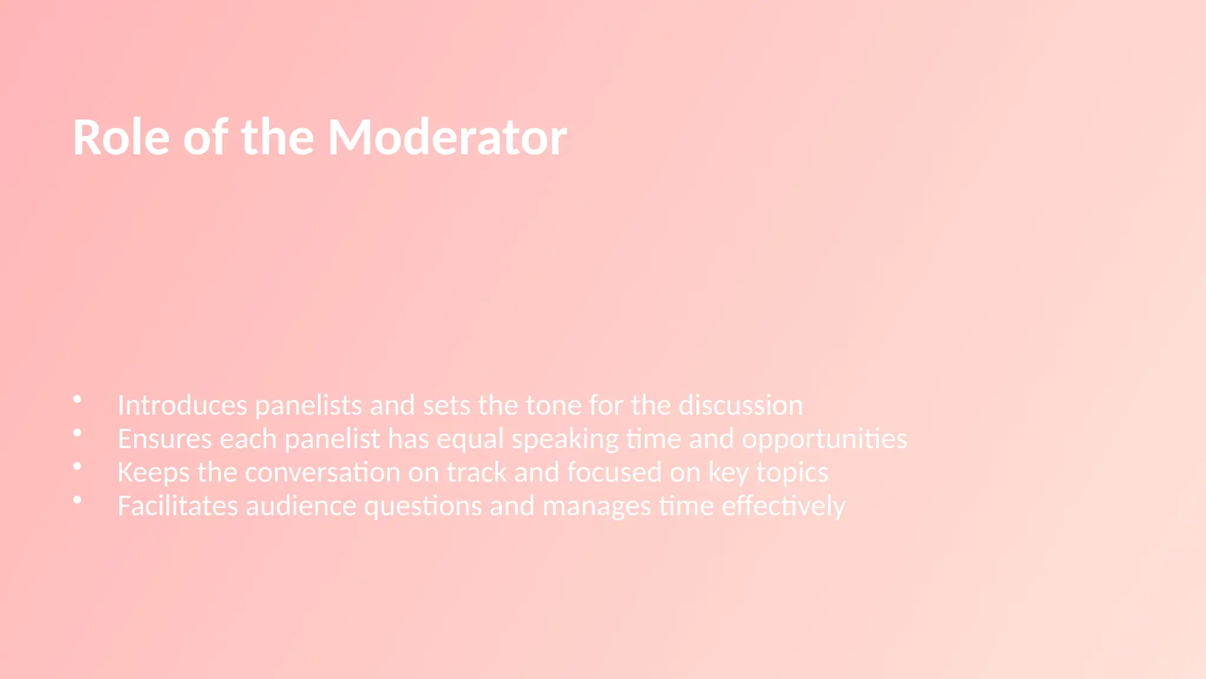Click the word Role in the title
click(x=121, y=137)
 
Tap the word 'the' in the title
click(x=277, y=137)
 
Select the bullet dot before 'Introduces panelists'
click(x=77, y=400)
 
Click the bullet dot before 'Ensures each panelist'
click(x=77, y=433)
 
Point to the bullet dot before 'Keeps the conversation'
click(x=77, y=467)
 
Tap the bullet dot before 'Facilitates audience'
click(x=77, y=500)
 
